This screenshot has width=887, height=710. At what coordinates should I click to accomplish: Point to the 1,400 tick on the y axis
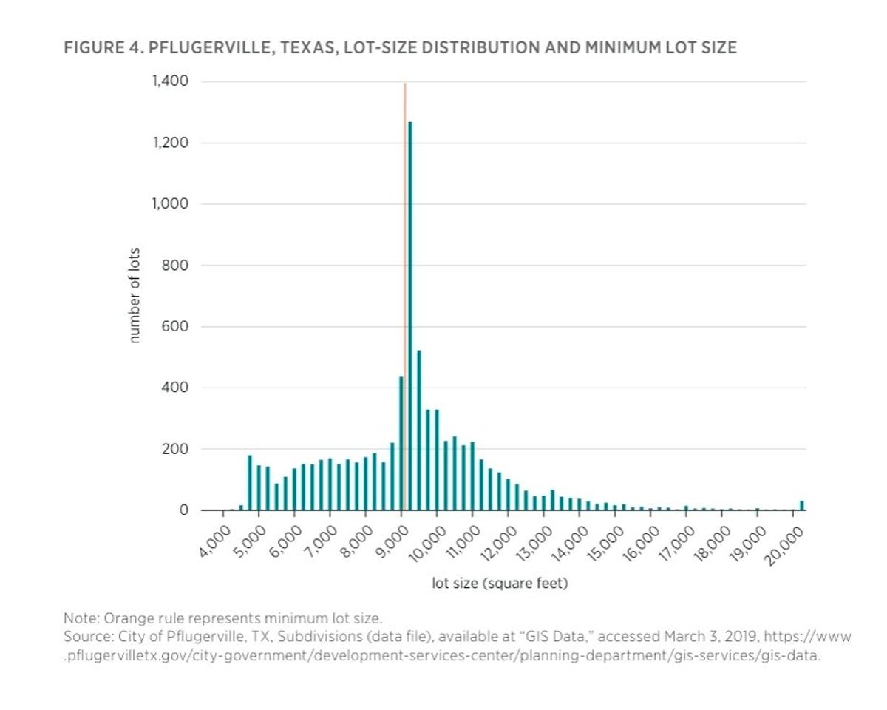169,81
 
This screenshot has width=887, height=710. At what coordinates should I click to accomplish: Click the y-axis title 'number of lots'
135,296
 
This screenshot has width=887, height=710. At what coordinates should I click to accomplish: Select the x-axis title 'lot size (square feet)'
500,584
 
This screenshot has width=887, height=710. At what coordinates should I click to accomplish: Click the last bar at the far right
802,506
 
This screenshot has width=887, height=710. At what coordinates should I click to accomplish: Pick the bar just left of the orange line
401,444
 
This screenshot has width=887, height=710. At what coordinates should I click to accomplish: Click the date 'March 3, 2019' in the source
710,636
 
